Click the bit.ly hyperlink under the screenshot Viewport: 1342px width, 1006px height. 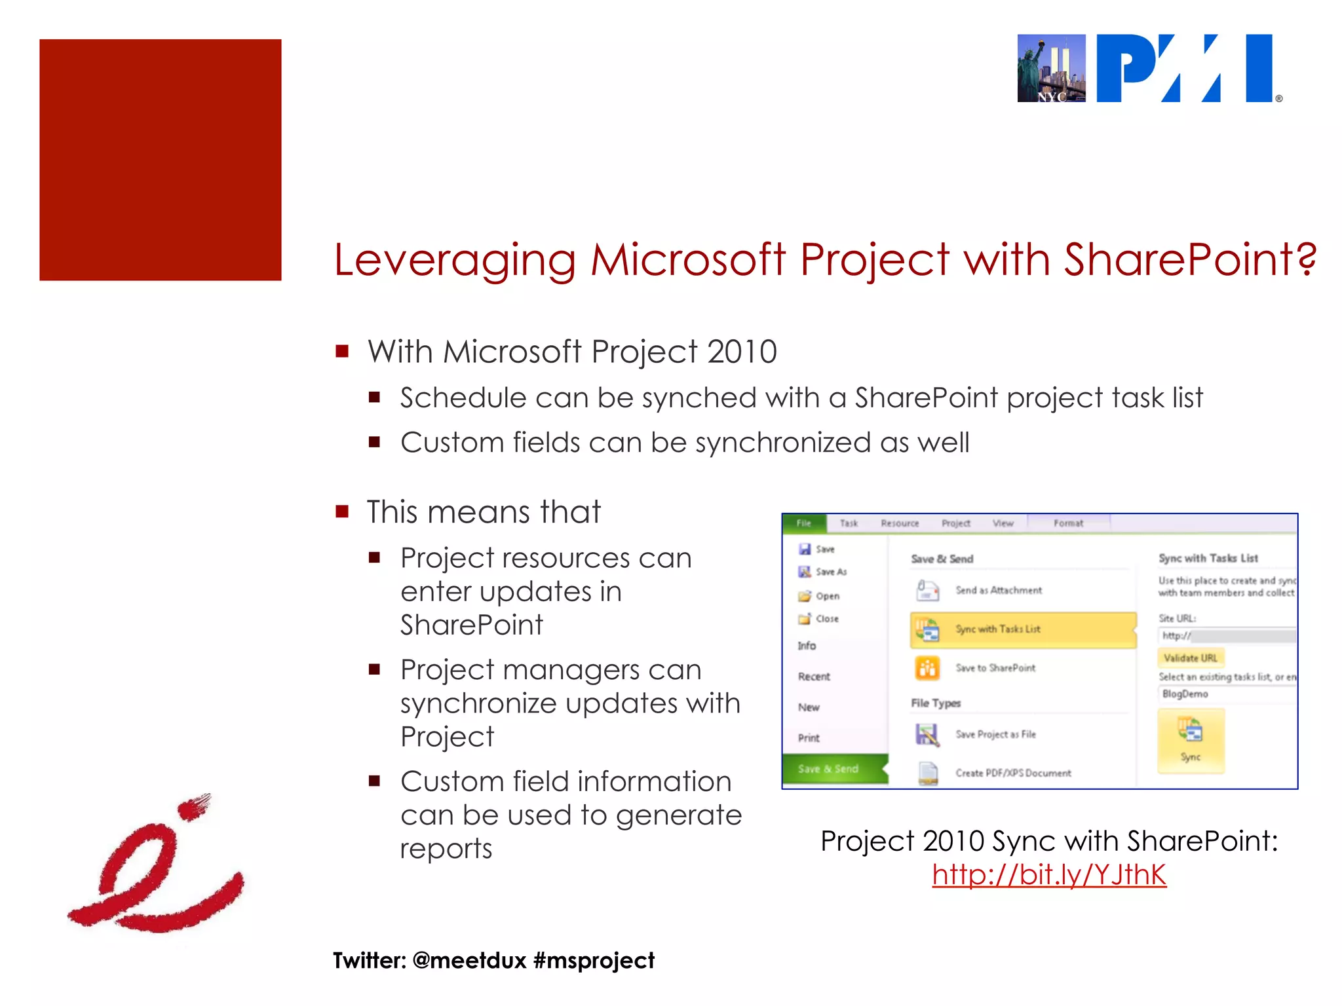click(x=1049, y=875)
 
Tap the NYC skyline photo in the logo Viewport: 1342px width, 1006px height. click(x=1051, y=69)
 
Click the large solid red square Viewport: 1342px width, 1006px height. click(x=161, y=160)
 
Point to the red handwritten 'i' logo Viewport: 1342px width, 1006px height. click(x=156, y=865)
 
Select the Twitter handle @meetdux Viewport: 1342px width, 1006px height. click(x=470, y=961)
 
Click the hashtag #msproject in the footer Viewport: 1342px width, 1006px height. click(x=594, y=961)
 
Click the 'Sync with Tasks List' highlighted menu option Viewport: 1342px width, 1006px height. click(x=1023, y=629)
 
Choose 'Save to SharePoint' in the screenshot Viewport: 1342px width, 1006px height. click(x=995, y=668)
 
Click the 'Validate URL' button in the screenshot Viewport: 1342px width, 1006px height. click(x=1190, y=658)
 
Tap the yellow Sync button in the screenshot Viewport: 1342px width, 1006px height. click(x=1191, y=741)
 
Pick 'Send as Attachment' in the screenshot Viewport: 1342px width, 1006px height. click(x=998, y=590)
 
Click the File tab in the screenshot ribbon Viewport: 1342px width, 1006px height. click(x=804, y=523)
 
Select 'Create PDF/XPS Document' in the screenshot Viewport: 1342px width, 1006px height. click(x=1012, y=773)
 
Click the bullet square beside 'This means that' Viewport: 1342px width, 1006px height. click(x=342, y=512)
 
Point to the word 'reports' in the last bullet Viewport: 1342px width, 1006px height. click(x=446, y=849)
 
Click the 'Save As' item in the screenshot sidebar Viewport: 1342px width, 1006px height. click(x=830, y=572)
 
